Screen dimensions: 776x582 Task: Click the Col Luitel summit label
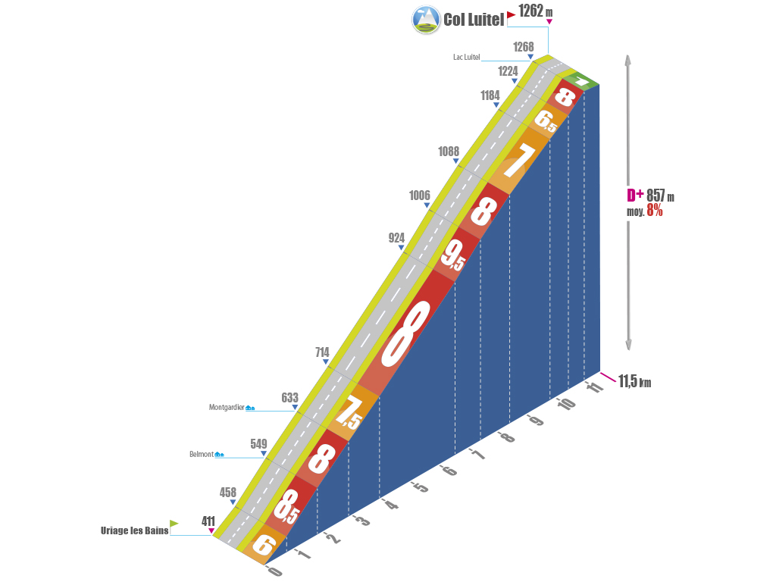pyautogui.click(x=474, y=20)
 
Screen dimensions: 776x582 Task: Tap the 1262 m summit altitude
pyautogui.click(x=536, y=11)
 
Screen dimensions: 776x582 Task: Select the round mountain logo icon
pyautogui.click(x=426, y=19)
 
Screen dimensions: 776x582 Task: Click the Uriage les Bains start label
pyautogui.click(x=135, y=530)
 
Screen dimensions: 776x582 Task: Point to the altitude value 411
pyautogui.click(x=208, y=521)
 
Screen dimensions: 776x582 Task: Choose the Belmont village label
pyautogui.click(x=202, y=455)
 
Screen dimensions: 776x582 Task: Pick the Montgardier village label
pyautogui.click(x=227, y=407)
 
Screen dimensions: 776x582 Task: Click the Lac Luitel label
pyautogui.click(x=466, y=57)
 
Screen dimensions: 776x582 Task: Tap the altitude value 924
pyautogui.click(x=396, y=238)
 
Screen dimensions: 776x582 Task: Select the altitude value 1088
pyautogui.click(x=449, y=152)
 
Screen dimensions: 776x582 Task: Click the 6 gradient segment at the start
pyautogui.click(x=264, y=546)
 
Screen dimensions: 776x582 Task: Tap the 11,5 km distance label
pyautogui.click(x=634, y=382)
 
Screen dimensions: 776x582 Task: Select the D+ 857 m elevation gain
pyautogui.click(x=650, y=196)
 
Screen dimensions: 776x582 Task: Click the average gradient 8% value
pyautogui.click(x=654, y=211)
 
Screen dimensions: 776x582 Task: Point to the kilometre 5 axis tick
pyautogui.click(x=420, y=487)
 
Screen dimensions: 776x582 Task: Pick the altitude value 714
pyautogui.click(x=322, y=352)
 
